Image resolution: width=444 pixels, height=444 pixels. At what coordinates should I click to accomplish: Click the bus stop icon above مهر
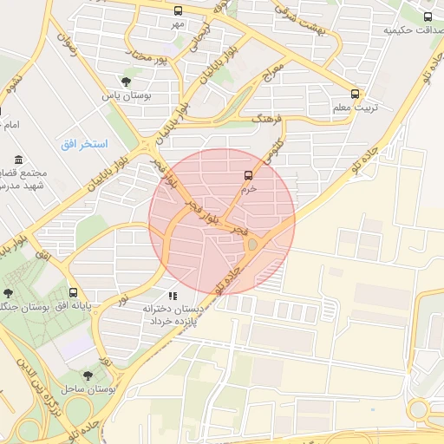(x=178, y=11)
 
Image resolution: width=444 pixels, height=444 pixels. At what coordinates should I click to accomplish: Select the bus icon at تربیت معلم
(x=355, y=94)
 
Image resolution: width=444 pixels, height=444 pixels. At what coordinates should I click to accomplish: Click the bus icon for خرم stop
(x=249, y=175)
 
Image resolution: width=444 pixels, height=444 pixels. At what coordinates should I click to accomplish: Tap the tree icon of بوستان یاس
(x=127, y=82)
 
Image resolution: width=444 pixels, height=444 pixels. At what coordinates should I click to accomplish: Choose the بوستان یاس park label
(x=127, y=96)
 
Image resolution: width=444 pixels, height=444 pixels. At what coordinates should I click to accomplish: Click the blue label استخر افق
(x=84, y=142)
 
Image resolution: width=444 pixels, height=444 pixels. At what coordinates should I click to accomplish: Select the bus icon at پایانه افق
(x=73, y=292)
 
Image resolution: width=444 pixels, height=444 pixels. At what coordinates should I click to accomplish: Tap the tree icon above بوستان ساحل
(x=88, y=375)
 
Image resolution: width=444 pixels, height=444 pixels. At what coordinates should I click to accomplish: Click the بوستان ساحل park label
(x=84, y=389)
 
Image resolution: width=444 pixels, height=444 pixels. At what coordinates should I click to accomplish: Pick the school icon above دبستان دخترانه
(x=172, y=297)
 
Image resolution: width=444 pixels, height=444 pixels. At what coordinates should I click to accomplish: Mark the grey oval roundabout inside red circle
(x=252, y=245)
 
